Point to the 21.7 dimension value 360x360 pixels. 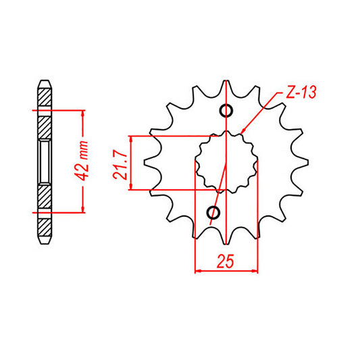pyautogui.click(x=121, y=163)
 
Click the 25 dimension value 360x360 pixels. pyautogui.click(x=226, y=261)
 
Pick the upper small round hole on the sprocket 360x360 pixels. pyautogui.click(x=226, y=111)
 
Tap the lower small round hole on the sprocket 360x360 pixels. pyautogui.click(x=214, y=213)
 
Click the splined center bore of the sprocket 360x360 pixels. pyautogui.click(x=227, y=162)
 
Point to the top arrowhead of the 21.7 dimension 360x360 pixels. pyautogui.click(x=132, y=138)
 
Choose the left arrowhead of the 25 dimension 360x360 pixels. pyautogui.click(x=198, y=272)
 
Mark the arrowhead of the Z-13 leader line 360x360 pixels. pyautogui.click(x=242, y=131)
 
